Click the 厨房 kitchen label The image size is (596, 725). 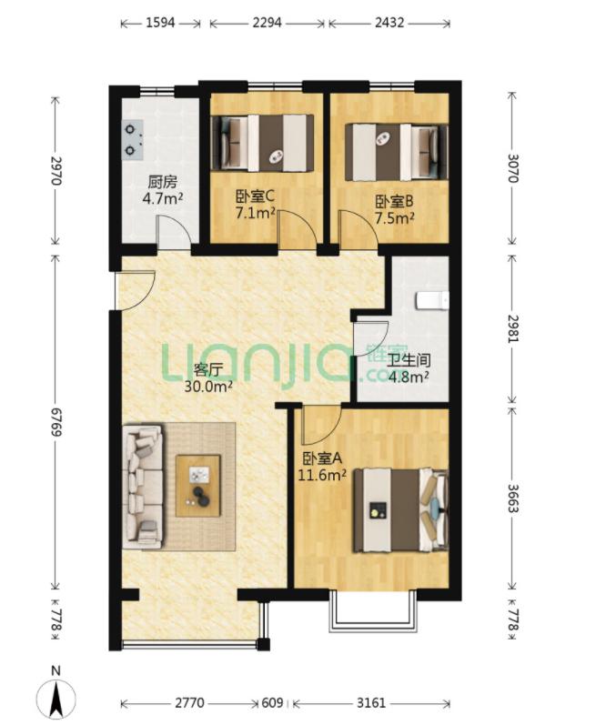(x=162, y=182)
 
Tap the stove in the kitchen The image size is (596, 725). (x=133, y=140)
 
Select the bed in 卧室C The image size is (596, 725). (x=262, y=144)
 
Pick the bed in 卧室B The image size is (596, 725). (x=396, y=152)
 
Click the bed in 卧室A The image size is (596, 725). (x=400, y=510)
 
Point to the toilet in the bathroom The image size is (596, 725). (x=432, y=299)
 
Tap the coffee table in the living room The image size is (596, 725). (x=197, y=486)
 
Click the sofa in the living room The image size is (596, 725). (x=143, y=487)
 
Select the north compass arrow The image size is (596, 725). (x=56, y=699)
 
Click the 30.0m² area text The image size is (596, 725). (x=208, y=386)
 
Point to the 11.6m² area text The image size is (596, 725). (x=322, y=475)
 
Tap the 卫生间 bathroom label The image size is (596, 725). (x=409, y=360)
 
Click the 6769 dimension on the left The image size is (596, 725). (x=56, y=422)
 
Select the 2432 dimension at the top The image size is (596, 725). (x=389, y=22)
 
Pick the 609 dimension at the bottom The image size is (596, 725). (x=272, y=703)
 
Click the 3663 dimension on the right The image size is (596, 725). (x=513, y=498)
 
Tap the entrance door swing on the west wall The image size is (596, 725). (x=135, y=291)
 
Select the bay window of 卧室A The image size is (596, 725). (x=374, y=611)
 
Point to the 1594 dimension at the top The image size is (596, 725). (x=160, y=22)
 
